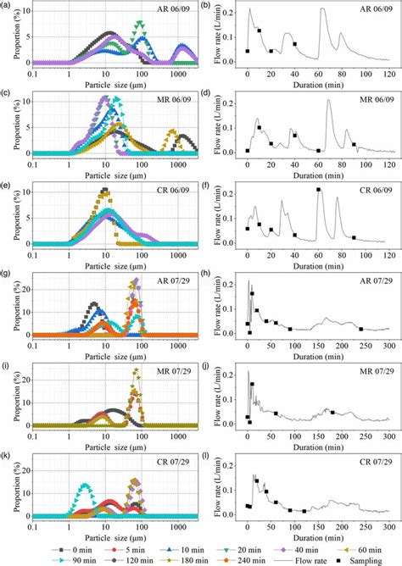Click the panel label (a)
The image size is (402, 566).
click(x=6, y=6)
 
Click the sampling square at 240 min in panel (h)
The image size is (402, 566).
click(x=360, y=329)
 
